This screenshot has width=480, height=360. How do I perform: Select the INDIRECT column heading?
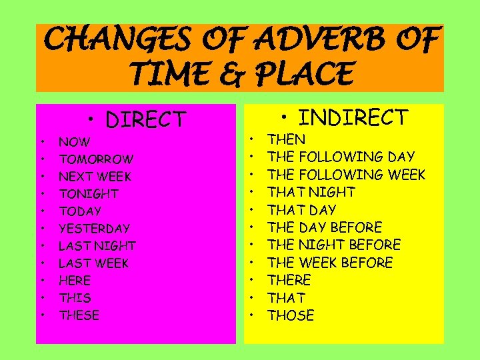coord(353,118)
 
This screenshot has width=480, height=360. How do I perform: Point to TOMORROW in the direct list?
coord(96,159)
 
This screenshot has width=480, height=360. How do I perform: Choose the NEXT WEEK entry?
coord(95,177)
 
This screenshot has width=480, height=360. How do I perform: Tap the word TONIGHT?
coord(89,194)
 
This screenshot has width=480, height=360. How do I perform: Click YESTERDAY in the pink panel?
coord(94,229)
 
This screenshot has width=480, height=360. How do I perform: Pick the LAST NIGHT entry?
coord(97,246)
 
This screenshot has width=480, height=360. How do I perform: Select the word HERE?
coord(75,281)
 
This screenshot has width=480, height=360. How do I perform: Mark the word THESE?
coord(79,315)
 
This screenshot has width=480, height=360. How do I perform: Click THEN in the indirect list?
coord(287,139)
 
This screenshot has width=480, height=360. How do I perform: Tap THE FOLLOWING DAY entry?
coord(341,157)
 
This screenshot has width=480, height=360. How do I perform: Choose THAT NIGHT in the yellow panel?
coord(311,192)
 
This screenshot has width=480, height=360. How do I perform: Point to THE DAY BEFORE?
coord(325,227)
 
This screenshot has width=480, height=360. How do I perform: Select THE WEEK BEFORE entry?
coord(330,263)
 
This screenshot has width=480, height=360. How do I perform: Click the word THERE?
coord(289,280)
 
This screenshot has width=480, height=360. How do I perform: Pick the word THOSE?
coord(291,315)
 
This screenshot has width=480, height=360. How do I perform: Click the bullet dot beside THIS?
coord(42,298)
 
